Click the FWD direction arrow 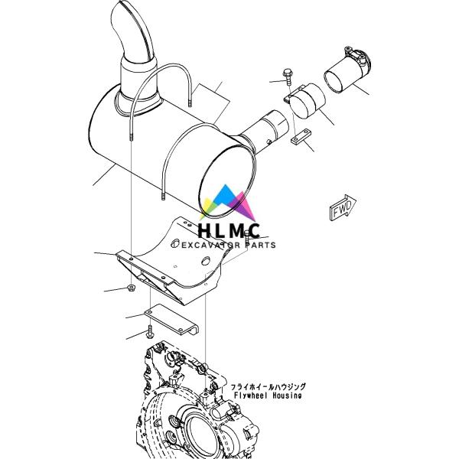(x=343, y=207)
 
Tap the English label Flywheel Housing (x=268, y=396)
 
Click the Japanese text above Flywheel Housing (x=269, y=387)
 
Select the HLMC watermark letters (x=229, y=230)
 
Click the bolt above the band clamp (x=288, y=76)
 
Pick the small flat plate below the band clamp (x=301, y=137)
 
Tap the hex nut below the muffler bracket (x=132, y=288)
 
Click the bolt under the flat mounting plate (x=150, y=332)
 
